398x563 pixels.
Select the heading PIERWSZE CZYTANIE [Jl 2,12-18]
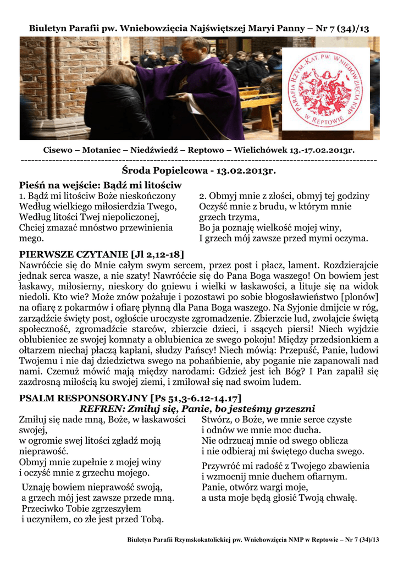(x=102, y=255)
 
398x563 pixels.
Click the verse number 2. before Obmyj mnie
(x=203, y=196)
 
